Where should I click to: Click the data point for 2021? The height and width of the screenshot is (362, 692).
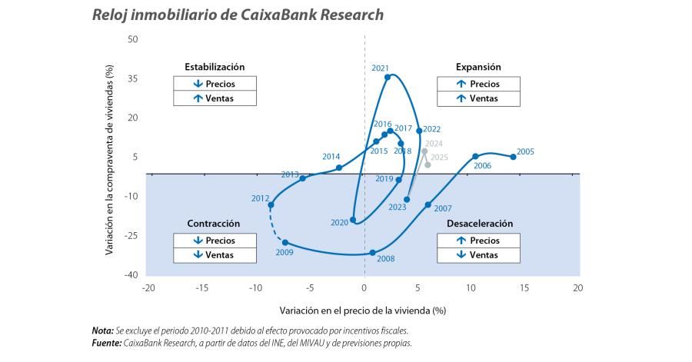tap(388, 77)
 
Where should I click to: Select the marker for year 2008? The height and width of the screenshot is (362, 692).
tap(373, 253)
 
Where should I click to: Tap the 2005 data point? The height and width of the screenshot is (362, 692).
tap(514, 157)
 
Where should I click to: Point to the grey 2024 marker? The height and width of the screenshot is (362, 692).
tap(424, 151)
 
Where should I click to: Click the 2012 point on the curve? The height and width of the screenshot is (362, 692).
tap(271, 204)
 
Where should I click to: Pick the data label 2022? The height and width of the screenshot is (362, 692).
tap(431, 129)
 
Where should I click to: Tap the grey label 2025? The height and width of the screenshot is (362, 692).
tap(439, 157)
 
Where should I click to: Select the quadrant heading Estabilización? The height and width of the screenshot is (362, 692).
tap(214, 67)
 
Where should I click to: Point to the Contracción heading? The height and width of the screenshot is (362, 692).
tap(214, 224)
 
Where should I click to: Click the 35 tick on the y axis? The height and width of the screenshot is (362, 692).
tap(133, 78)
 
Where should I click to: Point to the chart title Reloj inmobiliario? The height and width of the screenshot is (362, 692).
tap(237, 15)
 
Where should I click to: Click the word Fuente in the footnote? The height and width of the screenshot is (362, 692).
tap(106, 343)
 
